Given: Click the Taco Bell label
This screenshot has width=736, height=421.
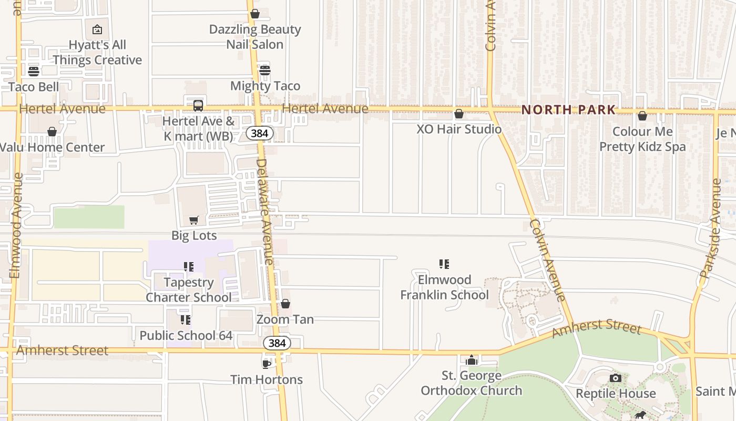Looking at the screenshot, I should [34, 86].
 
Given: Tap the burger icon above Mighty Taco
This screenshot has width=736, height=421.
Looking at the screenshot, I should [265, 70].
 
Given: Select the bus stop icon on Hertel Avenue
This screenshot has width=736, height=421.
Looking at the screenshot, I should [198, 105].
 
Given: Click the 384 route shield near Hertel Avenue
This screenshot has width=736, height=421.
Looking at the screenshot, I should [260, 133].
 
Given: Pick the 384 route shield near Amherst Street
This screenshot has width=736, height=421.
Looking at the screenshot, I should [277, 343].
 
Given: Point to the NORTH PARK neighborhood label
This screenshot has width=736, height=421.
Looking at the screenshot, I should [568, 110].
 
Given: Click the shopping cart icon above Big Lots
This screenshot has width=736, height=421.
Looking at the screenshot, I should [194, 220].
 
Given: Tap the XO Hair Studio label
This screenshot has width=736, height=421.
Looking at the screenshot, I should [459, 128].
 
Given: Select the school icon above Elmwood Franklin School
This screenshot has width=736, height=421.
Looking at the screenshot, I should [444, 264].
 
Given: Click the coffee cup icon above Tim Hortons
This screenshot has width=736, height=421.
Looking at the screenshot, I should [267, 364].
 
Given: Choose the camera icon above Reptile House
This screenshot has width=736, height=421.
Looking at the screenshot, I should [615, 378].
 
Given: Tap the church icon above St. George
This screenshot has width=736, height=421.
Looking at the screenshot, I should [472, 360].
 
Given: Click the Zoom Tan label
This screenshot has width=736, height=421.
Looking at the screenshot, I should [285, 319].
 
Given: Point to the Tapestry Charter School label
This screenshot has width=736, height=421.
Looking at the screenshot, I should [188, 289].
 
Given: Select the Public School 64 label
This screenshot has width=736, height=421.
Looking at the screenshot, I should [186, 335].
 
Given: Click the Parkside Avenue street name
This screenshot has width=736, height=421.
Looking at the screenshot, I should [711, 228].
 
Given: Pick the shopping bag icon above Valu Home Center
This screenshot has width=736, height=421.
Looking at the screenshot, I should [52, 132].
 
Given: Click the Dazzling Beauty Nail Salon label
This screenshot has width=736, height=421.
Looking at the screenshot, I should [255, 36].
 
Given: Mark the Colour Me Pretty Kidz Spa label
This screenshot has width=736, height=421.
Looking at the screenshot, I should [642, 139].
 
